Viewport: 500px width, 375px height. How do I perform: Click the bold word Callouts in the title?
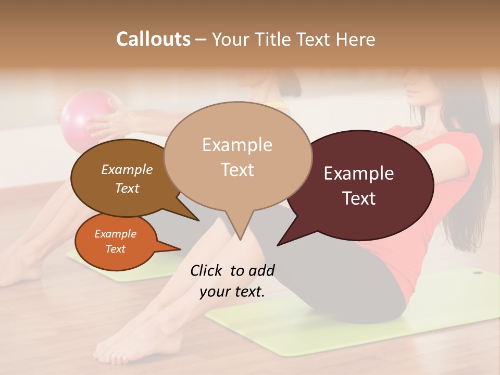pyautogui.click(x=153, y=39)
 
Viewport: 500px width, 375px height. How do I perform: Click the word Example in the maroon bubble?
pyautogui.click(x=358, y=173)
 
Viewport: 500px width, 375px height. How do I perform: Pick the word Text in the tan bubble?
pyautogui.click(x=237, y=170)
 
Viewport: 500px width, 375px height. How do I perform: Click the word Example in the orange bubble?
pyautogui.click(x=115, y=234)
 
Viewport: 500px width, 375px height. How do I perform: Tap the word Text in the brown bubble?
pyautogui.click(x=127, y=188)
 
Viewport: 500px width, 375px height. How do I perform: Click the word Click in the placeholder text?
pyautogui.click(x=207, y=270)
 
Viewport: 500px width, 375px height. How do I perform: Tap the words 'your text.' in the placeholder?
pyautogui.click(x=232, y=292)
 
